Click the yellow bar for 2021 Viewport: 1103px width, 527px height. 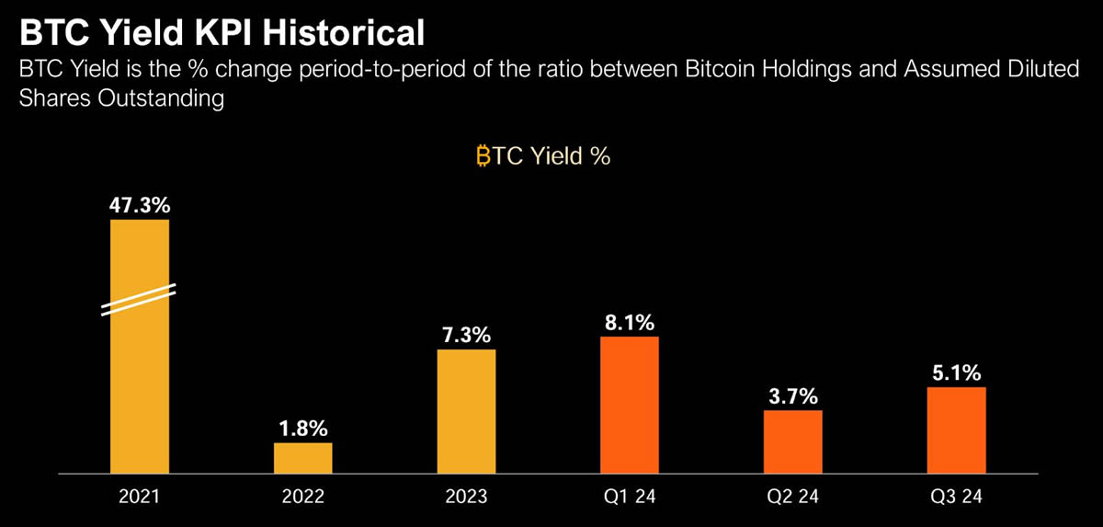tap(140, 368)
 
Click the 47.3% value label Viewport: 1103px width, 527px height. tap(140, 204)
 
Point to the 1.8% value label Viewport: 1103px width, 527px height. tap(303, 428)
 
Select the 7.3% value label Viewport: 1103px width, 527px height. tap(466, 335)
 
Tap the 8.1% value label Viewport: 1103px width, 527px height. tap(630, 322)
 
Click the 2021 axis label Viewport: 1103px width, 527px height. tap(140, 498)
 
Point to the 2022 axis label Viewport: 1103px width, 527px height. tap(303, 498)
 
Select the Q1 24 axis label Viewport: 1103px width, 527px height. tap(630, 498)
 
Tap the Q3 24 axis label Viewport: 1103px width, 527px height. tap(956, 498)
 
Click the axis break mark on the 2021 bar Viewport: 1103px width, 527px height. tap(140, 301)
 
